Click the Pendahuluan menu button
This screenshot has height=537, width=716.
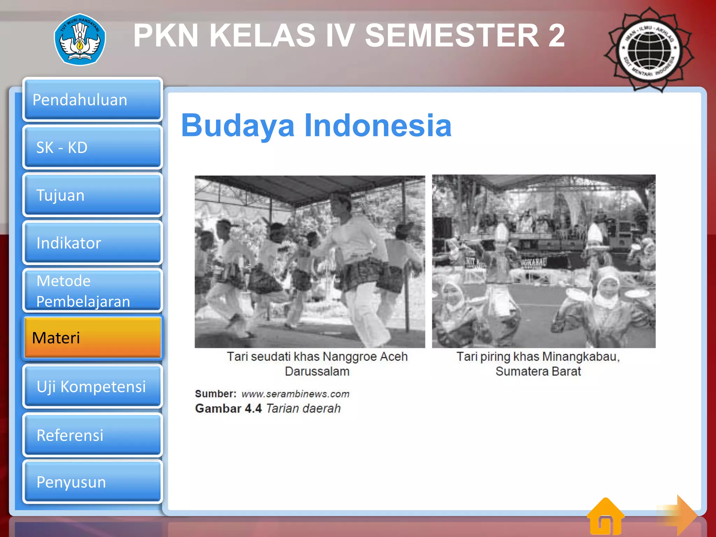93,100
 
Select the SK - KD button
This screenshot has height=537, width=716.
93,148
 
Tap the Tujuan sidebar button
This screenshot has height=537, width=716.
93,195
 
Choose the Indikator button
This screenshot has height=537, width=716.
93,243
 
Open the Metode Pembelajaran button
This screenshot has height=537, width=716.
93,291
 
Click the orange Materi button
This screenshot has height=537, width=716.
93,338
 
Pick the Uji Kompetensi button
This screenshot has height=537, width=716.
93,386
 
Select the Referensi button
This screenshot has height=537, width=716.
93,435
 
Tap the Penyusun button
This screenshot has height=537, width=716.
93,482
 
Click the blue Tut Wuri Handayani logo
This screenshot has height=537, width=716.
80,40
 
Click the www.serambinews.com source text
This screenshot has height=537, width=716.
295,394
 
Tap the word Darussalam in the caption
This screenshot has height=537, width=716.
317,371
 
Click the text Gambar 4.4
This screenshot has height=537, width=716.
228,408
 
